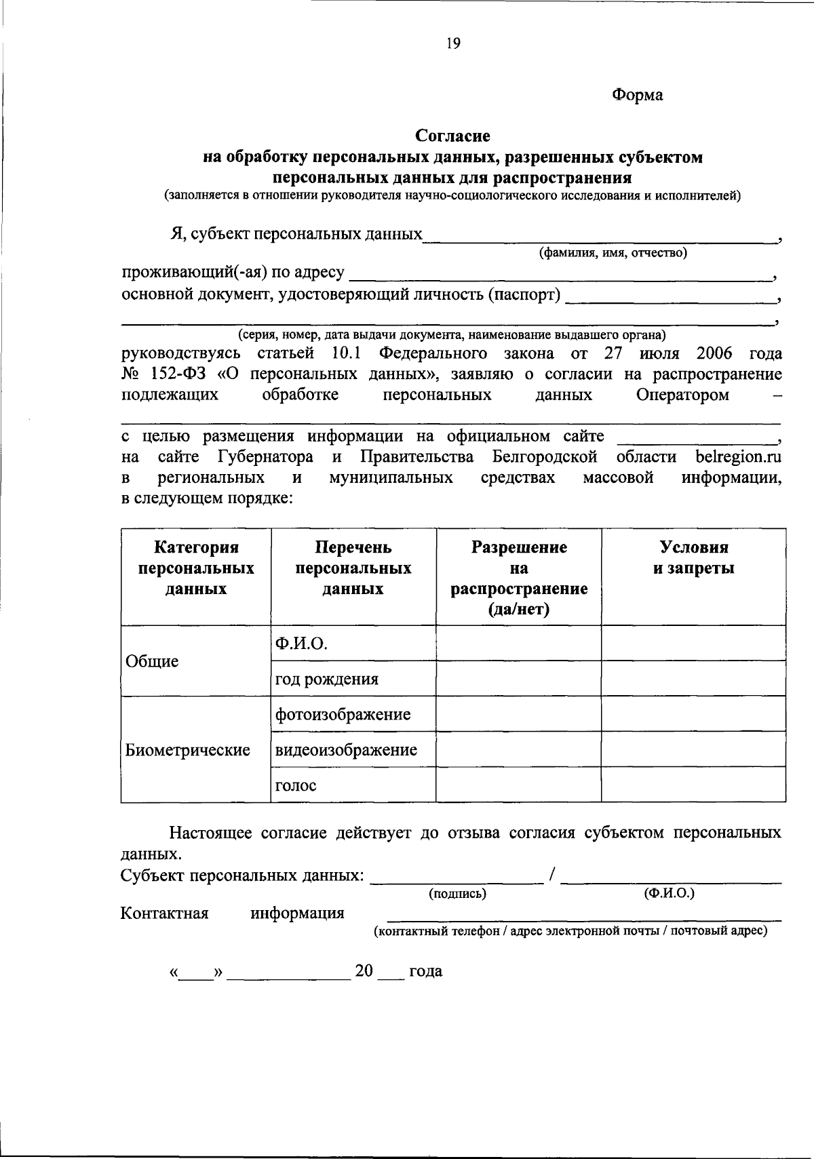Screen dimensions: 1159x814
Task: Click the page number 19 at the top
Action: click(453, 44)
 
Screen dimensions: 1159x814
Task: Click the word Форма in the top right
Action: click(637, 95)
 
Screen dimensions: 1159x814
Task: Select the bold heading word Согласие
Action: click(453, 136)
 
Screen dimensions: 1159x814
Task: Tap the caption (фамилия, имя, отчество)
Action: click(613, 253)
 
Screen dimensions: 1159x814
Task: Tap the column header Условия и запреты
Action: click(693, 557)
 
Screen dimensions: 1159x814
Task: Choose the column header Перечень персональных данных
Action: click(353, 568)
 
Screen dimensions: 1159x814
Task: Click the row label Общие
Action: click(153, 661)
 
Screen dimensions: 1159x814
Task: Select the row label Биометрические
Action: click(188, 750)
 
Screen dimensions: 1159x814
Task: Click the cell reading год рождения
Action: click(327, 679)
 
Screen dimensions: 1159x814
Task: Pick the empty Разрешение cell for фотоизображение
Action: click(518, 714)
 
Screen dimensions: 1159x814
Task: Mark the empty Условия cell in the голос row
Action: click(693, 785)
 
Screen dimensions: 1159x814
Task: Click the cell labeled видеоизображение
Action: click(346, 750)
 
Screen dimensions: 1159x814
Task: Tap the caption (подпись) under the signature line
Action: click(458, 894)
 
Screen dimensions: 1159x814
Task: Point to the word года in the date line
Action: click(425, 971)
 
